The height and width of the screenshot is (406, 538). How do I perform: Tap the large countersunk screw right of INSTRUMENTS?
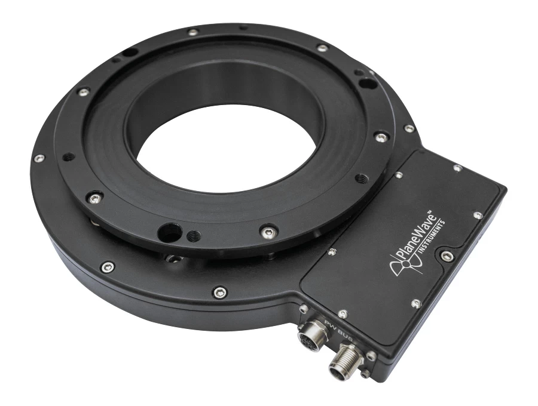446,256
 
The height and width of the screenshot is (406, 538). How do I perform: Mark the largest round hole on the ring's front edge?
170,230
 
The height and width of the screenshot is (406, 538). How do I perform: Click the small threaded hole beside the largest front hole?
194,237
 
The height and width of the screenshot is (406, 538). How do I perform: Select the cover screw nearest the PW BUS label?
342,313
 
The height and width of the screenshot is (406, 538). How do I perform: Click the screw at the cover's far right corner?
478,216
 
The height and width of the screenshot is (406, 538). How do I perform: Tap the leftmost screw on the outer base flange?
39,159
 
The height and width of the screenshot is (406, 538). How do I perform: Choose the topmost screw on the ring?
193,32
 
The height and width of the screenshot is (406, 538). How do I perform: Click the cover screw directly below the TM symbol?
417,304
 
